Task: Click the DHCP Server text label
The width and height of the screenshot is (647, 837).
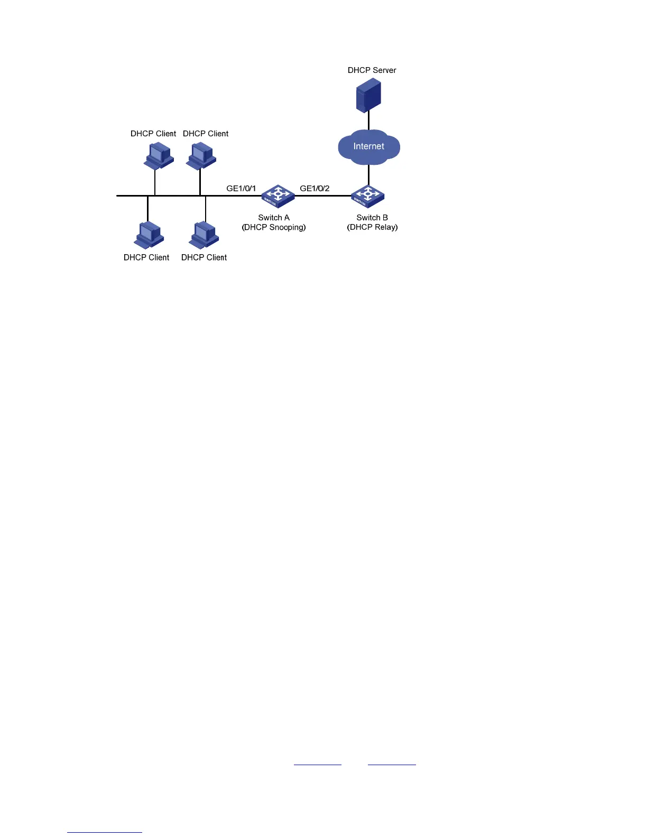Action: (372, 70)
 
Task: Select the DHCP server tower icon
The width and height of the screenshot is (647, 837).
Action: (368, 95)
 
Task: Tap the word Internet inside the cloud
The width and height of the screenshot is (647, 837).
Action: (369, 146)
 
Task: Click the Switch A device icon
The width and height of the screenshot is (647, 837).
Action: (278, 196)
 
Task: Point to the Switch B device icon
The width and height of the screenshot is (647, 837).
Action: (368, 197)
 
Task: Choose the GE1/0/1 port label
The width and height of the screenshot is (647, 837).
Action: (241, 188)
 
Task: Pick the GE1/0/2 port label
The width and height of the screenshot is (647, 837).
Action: (315, 188)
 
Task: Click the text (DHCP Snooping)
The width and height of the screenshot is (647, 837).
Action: (274, 227)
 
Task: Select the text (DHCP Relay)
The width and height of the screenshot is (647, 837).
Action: (372, 227)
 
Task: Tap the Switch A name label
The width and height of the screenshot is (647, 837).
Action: (274, 218)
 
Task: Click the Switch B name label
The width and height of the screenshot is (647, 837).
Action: (372, 218)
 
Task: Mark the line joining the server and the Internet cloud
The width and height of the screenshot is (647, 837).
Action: (368, 121)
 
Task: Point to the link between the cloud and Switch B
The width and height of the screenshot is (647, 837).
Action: (368, 175)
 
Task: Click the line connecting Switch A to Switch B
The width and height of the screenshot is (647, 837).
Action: (323, 196)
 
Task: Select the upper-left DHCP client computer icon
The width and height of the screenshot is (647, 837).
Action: (159, 156)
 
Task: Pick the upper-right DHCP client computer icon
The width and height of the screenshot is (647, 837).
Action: (201, 156)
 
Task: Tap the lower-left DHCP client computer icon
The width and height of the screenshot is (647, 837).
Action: (149, 235)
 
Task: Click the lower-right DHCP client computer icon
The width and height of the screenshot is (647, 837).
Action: (204, 235)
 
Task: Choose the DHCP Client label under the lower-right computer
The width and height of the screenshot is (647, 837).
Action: (204, 257)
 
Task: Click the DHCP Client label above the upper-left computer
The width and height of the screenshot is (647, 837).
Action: (153, 134)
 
